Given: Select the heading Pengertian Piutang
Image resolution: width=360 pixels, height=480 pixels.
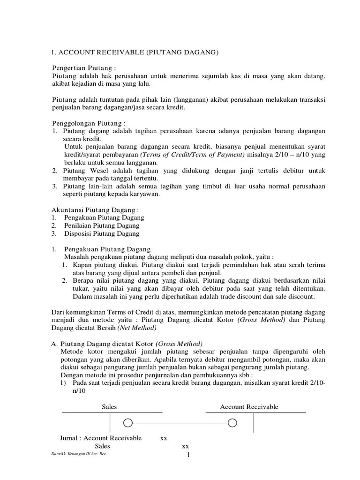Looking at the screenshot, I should click(x=83, y=68).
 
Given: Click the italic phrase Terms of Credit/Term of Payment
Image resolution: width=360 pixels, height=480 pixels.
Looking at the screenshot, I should click(x=193, y=155).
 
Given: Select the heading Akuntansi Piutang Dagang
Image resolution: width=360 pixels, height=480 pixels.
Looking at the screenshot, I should click(x=95, y=210).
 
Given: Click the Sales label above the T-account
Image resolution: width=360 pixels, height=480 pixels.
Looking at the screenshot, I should click(x=109, y=407).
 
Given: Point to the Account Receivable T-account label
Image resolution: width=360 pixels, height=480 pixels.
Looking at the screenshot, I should click(x=249, y=407).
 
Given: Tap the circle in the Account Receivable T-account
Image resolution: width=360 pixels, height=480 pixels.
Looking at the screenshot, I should click(x=232, y=423).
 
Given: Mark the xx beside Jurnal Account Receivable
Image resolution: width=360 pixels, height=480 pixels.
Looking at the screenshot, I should click(x=164, y=438).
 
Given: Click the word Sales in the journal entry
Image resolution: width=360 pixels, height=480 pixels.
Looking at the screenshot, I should click(x=103, y=446).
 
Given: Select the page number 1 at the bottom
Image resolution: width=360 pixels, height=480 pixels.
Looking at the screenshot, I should click(x=187, y=455).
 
